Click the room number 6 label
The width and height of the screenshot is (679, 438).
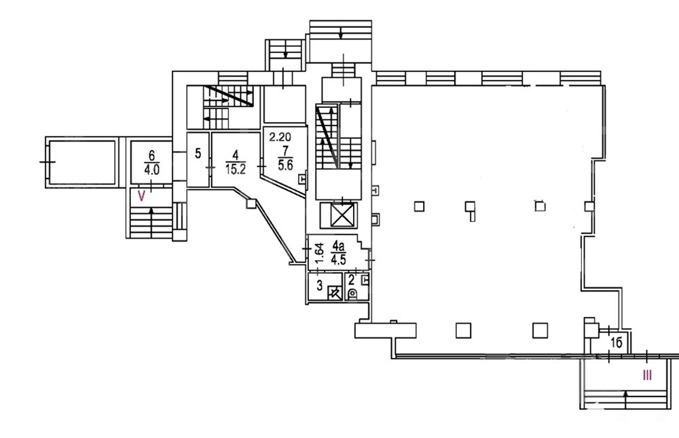pyautogui.click(x=151, y=156)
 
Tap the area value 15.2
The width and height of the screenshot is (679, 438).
pyautogui.click(x=236, y=169)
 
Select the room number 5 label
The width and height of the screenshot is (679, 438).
pyautogui.click(x=198, y=153)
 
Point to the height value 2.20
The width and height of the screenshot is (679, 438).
pyautogui.click(x=280, y=137)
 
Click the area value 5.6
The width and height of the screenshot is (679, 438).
pyautogui.click(x=285, y=165)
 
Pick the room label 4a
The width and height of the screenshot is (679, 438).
pyautogui.click(x=337, y=247)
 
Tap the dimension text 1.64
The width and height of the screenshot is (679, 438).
pyautogui.click(x=318, y=253)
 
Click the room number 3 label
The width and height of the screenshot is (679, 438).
pyautogui.click(x=320, y=285)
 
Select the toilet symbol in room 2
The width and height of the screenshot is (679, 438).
pyautogui.click(x=352, y=294)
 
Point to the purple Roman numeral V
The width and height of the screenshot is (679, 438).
pyautogui.click(x=141, y=196)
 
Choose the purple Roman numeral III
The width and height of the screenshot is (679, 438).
pyautogui.click(x=647, y=375)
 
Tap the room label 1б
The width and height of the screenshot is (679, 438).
pyautogui.click(x=617, y=343)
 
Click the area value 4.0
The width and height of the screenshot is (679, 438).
pyautogui.click(x=151, y=169)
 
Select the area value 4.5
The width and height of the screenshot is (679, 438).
pyautogui.click(x=338, y=260)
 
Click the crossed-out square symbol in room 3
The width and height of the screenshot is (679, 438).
pyautogui.click(x=334, y=293)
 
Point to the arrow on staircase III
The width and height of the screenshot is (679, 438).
pyautogui.click(x=625, y=399)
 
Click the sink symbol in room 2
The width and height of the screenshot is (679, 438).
pyautogui.click(x=365, y=280)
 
